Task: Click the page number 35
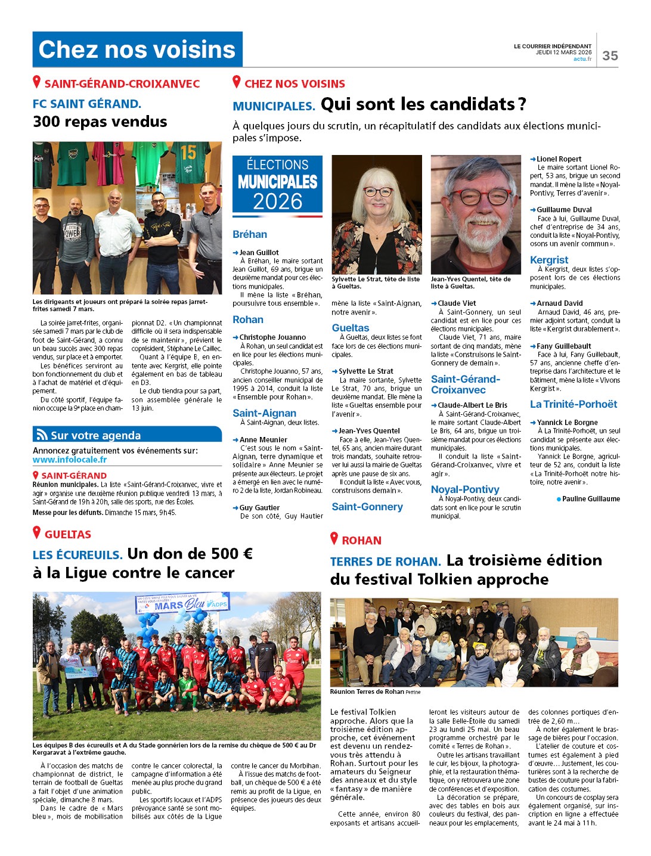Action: pyautogui.click(x=610, y=55)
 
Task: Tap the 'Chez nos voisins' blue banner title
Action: pyautogui.click(x=137, y=49)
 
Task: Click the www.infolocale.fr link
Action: pyautogui.click(x=70, y=460)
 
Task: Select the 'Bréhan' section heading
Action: pyautogui.click(x=250, y=234)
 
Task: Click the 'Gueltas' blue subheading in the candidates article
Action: pyautogui.click(x=351, y=328)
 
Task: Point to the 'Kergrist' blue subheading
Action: pyautogui.click(x=549, y=260)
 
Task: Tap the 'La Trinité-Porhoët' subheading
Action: pyautogui.click(x=573, y=404)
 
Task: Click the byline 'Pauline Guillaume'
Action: pyautogui.click(x=590, y=499)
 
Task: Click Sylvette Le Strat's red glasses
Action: pyautogui.click(x=378, y=192)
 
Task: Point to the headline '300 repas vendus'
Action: pyautogui.click(x=100, y=122)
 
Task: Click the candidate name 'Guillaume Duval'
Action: pyautogui.click(x=564, y=210)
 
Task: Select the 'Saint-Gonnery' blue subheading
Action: pyautogui.click(x=367, y=507)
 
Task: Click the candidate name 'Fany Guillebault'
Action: pyautogui.click(x=564, y=346)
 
